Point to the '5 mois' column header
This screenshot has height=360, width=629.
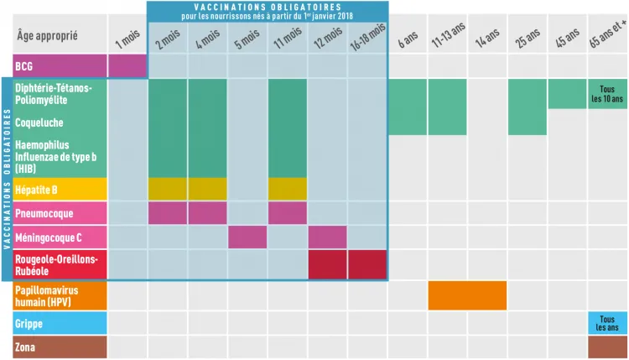[x=248, y=39]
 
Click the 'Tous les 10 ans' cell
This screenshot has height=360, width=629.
[x=607, y=94]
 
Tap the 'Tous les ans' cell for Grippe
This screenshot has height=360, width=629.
[x=607, y=323]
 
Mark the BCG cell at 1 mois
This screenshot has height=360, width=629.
[x=127, y=65]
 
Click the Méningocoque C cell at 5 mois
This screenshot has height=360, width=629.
[x=248, y=237]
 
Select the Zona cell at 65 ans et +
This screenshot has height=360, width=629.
[x=607, y=347]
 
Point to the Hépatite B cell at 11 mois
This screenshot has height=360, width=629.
[x=288, y=189]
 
